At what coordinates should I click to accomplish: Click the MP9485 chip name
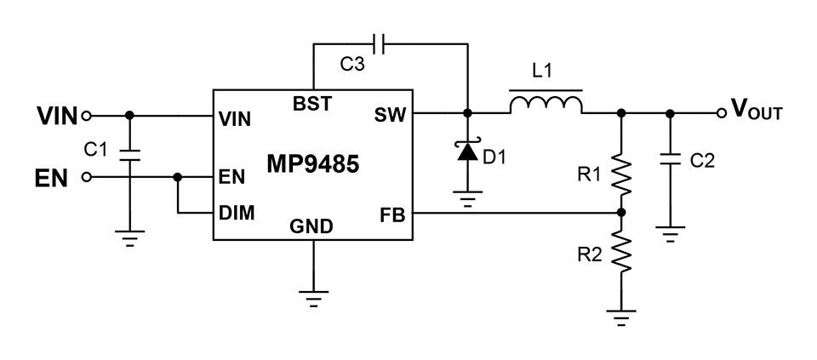point(312,164)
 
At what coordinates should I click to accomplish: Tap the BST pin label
point(311,104)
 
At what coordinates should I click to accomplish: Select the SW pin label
point(390,116)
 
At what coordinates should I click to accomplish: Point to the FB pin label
point(393,214)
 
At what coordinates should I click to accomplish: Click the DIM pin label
point(237,213)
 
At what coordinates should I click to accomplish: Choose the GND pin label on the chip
point(311,226)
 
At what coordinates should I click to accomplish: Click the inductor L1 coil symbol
point(546,104)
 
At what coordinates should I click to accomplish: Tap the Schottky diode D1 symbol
point(467,151)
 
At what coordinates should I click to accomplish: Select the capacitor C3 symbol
point(379,44)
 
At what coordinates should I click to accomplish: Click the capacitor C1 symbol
point(129,155)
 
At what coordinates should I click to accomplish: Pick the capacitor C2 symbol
point(670,158)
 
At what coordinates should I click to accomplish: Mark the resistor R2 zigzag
point(621,252)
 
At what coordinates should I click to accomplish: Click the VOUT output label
point(757,110)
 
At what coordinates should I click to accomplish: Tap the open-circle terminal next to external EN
point(87,178)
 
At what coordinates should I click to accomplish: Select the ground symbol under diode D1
point(467,199)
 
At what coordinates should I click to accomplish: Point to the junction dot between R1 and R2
point(621,213)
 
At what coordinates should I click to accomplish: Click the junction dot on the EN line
point(178,178)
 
